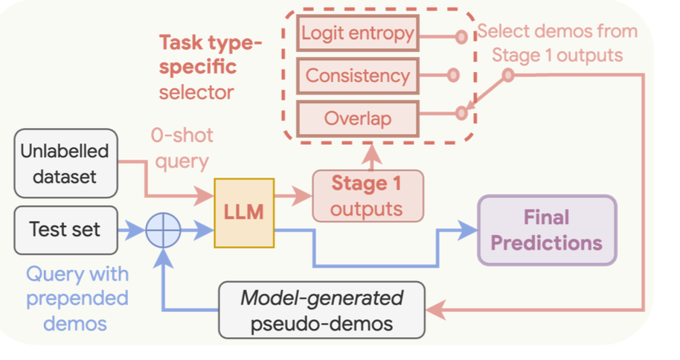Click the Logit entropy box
(x=358, y=34)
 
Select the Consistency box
(x=358, y=75)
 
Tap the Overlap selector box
(x=358, y=118)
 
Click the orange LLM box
(x=244, y=212)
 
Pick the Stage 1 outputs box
(x=367, y=196)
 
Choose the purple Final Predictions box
(x=547, y=230)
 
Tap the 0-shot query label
(x=182, y=148)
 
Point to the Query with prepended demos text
(x=77, y=298)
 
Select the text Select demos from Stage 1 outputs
(x=557, y=43)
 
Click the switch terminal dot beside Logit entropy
(x=461, y=35)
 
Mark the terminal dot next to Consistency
(x=453, y=75)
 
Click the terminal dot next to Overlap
(x=461, y=113)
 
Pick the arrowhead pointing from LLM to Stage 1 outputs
(x=303, y=196)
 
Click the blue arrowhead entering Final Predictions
(x=469, y=229)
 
